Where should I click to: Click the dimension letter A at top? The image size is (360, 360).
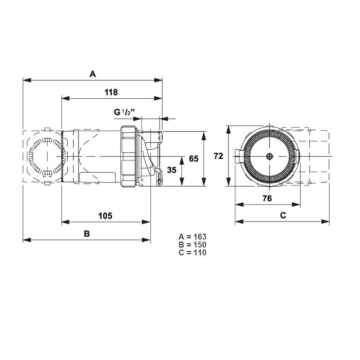point(92,74)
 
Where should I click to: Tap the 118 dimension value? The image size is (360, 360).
point(111,92)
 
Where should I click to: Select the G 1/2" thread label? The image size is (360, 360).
point(124,112)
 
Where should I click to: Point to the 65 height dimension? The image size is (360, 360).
point(194,159)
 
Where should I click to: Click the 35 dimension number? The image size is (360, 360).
point(172,170)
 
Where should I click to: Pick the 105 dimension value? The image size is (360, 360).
point(105,216)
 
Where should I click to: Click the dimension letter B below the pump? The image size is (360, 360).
point(87,234)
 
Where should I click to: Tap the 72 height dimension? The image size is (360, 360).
point(218,156)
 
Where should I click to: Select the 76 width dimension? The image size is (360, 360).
point(267,198)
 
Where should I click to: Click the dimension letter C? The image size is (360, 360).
point(283,215)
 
